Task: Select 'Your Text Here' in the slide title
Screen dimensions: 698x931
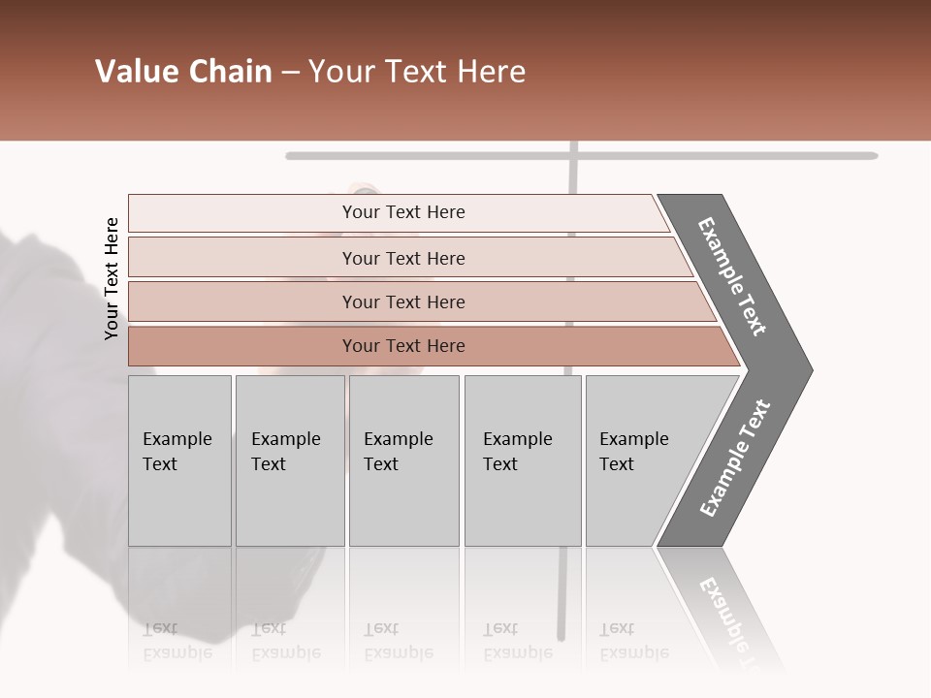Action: (x=417, y=72)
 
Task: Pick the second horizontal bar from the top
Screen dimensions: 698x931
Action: (x=403, y=258)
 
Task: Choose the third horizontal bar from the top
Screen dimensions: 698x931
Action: (x=403, y=301)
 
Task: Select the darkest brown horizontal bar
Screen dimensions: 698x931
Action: (x=403, y=346)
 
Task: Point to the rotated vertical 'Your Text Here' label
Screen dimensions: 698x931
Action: (x=112, y=278)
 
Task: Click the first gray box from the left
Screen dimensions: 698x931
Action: (x=179, y=460)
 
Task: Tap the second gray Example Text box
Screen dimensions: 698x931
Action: (x=289, y=460)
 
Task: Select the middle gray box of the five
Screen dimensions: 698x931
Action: (x=403, y=460)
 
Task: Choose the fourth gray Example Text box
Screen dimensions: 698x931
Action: (x=522, y=460)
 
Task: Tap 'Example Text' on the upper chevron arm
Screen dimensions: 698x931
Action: (x=732, y=276)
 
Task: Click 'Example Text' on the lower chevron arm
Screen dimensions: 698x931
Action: (x=735, y=459)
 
